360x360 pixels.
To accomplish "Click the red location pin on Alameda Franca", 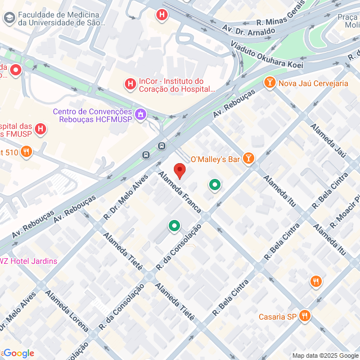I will [x=179, y=170].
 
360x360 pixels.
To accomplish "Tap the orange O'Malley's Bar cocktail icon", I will [x=248, y=159].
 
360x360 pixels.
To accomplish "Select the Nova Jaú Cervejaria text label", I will [x=313, y=84].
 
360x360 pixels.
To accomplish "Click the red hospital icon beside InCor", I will [x=130, y=84].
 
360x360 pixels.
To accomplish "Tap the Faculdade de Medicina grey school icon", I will [x=9, y=18].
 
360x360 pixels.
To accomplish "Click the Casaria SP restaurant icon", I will [x=305, y=316].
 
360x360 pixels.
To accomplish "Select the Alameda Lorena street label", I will [x=67, y=310].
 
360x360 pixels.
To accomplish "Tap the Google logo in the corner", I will [x=18, y=353].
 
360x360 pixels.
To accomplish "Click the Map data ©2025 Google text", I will [x=325, y=355].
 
